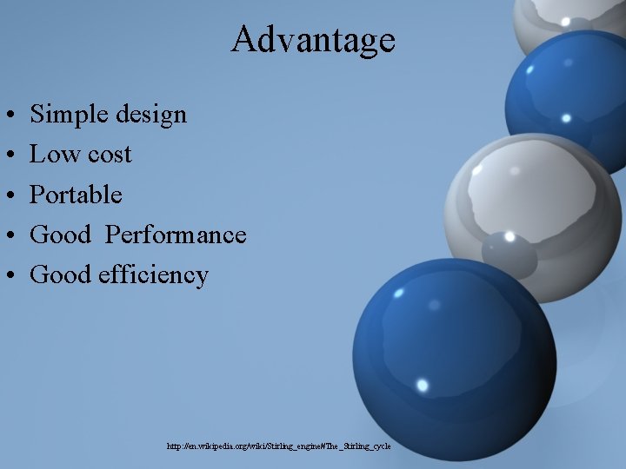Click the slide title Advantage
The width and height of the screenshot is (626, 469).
point(313,40)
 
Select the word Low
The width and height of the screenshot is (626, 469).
point(50,154)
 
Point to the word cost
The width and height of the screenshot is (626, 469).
point(106,155)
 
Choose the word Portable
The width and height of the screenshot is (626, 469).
point(76,195)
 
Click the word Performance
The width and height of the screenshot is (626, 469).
point(176,234)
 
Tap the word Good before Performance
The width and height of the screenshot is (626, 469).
point(60,234)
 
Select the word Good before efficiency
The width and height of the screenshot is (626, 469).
point(60,274)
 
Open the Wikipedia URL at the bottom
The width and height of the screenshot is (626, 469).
point(279,446)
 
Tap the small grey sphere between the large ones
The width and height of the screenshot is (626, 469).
point(509,254)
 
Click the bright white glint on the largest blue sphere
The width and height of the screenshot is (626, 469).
point(423,384)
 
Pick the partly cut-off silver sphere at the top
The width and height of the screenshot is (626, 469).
point(569,22)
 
